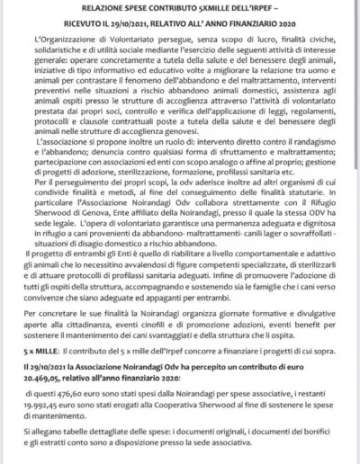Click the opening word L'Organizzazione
67,44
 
